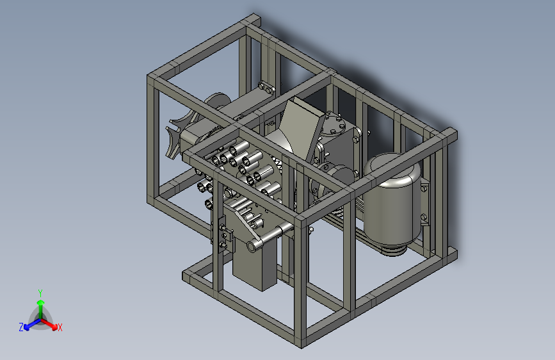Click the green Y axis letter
[40, 293]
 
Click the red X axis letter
[60, 327]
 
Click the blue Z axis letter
[21, 327]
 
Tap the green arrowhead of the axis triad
[41, 302]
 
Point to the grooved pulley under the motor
[393, 250]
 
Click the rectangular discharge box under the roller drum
[255, 262]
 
